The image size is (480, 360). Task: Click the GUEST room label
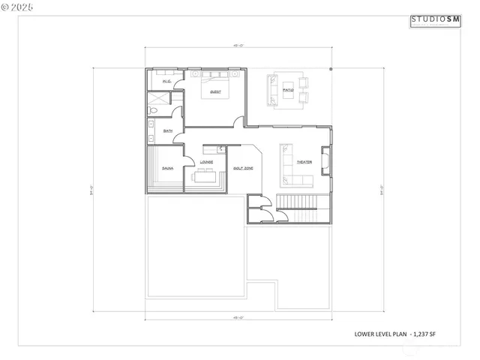[215, 92]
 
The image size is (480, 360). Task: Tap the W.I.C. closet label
[166, 81]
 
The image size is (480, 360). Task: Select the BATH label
[168, 130]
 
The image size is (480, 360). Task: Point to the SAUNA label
[167, 168]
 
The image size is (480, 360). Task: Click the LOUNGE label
[206, 161]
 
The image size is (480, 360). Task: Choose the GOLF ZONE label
[242, 168]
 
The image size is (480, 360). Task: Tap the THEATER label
[304, 162]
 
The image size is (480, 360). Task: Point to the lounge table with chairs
[205, 178]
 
